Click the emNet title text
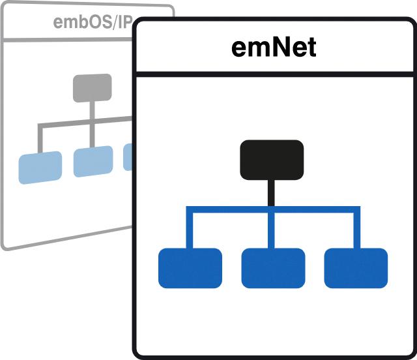pos(274,48)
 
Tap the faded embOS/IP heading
pos(91,22)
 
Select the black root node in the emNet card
pos(272,160)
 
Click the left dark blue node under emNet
pos(190,268)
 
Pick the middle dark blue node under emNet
pos(273,268)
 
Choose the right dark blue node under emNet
pos(356,268)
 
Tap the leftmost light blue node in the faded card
pos(40,167)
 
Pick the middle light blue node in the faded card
pos(93,162)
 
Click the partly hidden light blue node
pos(128,157)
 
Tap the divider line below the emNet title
pos(274,74)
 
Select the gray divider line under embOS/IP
pos(65,39)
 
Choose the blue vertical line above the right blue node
pos(356,228)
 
